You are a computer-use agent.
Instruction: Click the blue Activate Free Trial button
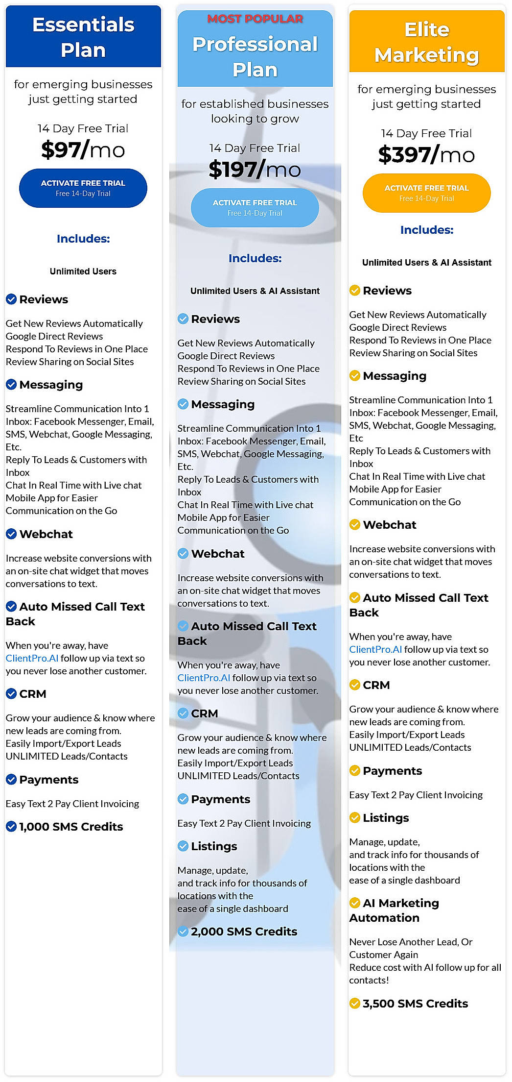83,188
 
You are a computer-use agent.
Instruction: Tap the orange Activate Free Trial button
426,193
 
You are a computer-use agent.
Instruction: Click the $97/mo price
83,150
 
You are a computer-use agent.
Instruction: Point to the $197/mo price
255,170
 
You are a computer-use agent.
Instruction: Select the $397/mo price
426,155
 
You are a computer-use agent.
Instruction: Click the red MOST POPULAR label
255,19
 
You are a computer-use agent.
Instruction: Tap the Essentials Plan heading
83,37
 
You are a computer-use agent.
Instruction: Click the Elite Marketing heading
426,42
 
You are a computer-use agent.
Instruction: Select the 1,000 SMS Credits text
71,827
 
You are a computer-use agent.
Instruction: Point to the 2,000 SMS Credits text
244,932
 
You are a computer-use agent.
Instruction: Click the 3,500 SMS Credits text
415,1004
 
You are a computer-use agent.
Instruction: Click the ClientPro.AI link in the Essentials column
32,658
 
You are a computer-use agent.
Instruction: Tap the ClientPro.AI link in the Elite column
375,649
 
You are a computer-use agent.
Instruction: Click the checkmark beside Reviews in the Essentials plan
11,299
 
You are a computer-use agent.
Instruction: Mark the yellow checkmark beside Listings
355,818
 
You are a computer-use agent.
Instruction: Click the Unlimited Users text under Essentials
83,271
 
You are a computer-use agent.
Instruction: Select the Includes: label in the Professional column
255,258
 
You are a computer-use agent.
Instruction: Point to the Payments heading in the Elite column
392,771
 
